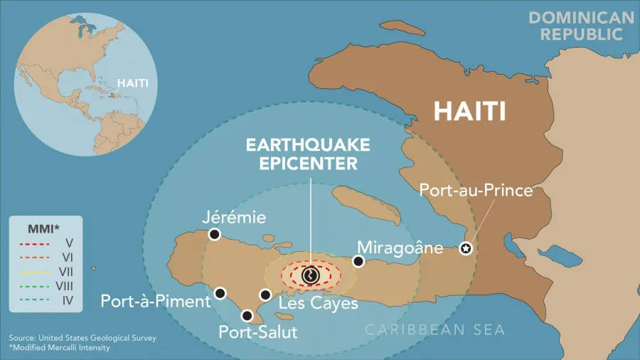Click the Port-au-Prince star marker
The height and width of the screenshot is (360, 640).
click(465, 249)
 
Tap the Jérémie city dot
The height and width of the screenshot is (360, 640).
click(215, 234)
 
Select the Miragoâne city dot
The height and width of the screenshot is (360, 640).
click(359, 262)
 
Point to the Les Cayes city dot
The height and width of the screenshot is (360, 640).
click(265, 295)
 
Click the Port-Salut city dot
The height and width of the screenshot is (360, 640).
click(247, 315)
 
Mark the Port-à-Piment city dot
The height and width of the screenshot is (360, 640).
click(220, 293)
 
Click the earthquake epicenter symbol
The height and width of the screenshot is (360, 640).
click(310, 275)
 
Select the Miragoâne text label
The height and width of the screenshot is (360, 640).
click(400, 248)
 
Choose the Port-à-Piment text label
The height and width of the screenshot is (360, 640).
click(156, 301)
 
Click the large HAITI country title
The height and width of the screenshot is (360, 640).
click(470, 111)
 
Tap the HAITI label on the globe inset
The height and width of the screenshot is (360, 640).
click(133, 83)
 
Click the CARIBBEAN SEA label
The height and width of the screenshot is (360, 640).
click(435, 329)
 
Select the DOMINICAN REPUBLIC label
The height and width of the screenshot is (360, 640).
click(581, 26)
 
